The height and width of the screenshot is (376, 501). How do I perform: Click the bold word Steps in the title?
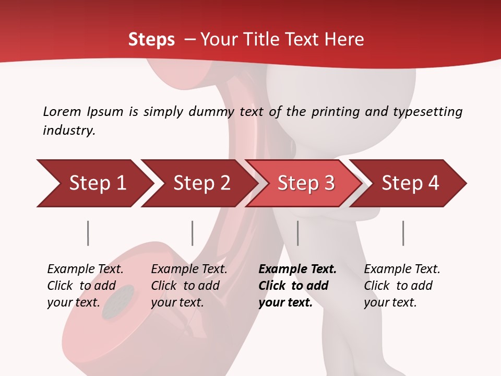(x=151, y=40)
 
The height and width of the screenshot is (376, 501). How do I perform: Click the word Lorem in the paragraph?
(x=62, y=111)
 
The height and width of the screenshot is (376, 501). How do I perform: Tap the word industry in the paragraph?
(x=69, y=130)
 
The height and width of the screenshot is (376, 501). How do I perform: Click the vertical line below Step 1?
(x=88, y=233)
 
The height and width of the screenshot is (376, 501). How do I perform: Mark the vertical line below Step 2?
(x=193, y=233)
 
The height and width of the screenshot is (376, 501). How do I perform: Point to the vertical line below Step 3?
(x=297, y=233)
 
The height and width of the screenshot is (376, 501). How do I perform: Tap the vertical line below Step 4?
(x=403, y=233)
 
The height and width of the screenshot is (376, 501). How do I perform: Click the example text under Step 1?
(x=85, y=286)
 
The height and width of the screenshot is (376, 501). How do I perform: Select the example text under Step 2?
(x=189, y=286)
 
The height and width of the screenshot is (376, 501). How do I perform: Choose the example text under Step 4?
(x=402, y=286)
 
